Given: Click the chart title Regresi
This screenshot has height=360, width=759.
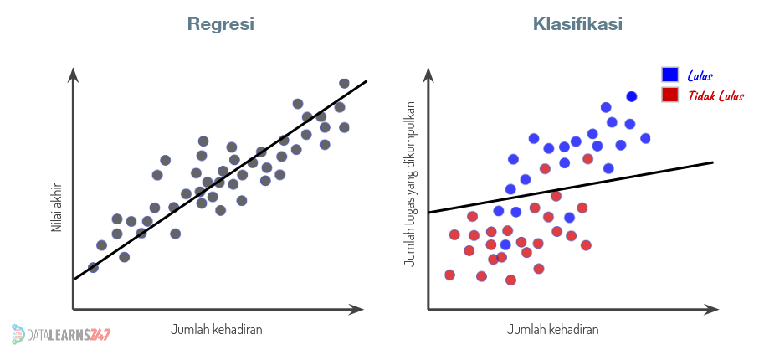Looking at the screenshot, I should click(220, 24).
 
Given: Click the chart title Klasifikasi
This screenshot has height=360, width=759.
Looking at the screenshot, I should click(577, 24).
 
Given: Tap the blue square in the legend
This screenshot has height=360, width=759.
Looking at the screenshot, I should click(669, 75).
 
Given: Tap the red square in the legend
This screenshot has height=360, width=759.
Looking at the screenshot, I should click(669, 95).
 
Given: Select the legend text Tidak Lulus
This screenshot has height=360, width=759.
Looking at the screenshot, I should click(715, 95).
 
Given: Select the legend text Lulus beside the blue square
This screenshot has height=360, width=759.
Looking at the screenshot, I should click(700, 75).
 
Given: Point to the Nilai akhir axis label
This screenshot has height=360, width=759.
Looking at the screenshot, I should click(57, 208).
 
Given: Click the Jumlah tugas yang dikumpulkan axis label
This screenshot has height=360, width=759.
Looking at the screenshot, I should click(409, 184).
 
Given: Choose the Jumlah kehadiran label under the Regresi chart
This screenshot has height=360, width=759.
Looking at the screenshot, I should click(217, 329).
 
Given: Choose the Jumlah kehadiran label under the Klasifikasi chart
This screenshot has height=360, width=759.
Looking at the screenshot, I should click(553, 329).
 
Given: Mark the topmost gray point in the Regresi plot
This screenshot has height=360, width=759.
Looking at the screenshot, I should click(344, 83).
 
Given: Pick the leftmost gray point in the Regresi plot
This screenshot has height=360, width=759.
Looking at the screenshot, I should click(93, 267).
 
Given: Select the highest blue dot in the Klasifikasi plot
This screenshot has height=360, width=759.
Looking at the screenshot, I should click(632, 97).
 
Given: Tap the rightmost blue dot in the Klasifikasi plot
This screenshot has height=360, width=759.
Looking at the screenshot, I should click(645, 138).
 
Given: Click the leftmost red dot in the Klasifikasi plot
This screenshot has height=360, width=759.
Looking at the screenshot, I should click(449, 275).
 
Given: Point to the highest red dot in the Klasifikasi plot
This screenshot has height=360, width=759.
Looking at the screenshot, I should click(588, 158).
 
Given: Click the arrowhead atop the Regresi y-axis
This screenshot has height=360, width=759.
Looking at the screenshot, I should click(74, 75).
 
